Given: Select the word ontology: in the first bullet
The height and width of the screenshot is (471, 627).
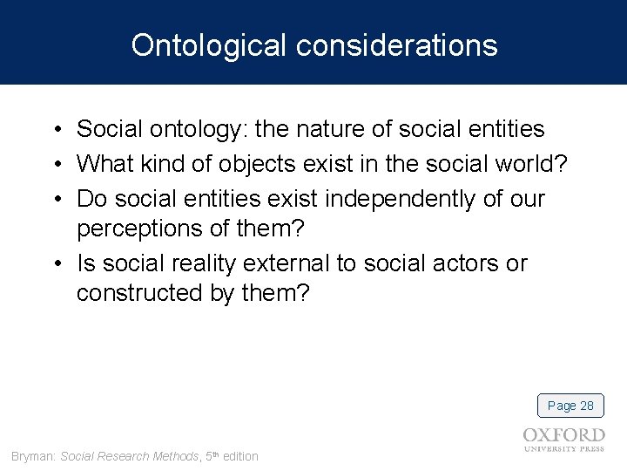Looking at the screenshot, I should click(201, 130).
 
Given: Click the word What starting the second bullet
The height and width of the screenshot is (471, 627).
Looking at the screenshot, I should click(106, 164).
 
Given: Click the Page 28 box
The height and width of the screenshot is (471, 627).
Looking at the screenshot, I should click(570, 406).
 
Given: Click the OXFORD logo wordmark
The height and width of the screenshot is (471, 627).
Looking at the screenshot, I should click(563, 435).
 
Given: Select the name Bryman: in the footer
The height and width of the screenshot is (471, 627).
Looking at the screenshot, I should click(34, 456).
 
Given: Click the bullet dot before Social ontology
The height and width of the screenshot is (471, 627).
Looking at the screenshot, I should click(54, 131).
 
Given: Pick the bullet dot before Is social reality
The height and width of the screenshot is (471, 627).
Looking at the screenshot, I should click(54, 264).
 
